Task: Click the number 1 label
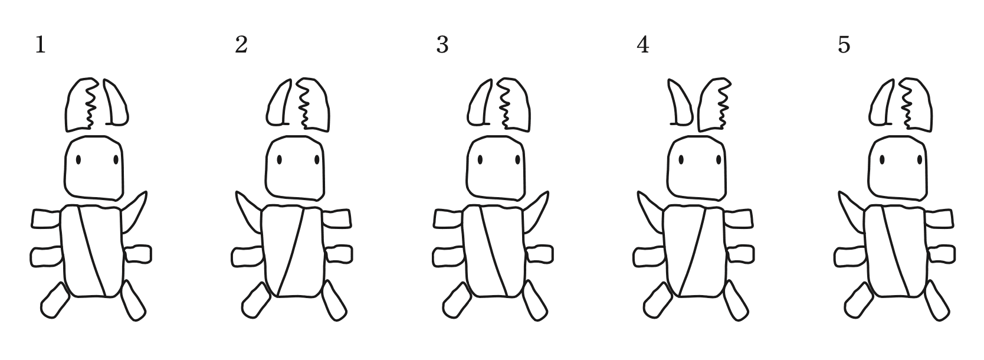41,45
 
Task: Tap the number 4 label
642,45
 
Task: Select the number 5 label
844,45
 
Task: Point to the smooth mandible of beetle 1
116,103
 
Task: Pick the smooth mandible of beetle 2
278,103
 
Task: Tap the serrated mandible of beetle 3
513,104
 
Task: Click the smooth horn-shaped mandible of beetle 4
680,103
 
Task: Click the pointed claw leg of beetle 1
135,212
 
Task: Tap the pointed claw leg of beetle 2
248,212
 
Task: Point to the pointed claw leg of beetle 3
536,212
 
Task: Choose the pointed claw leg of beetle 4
651,212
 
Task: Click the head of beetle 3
496,168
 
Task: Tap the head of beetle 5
898,168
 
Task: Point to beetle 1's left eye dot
78,159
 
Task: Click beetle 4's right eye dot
719,159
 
